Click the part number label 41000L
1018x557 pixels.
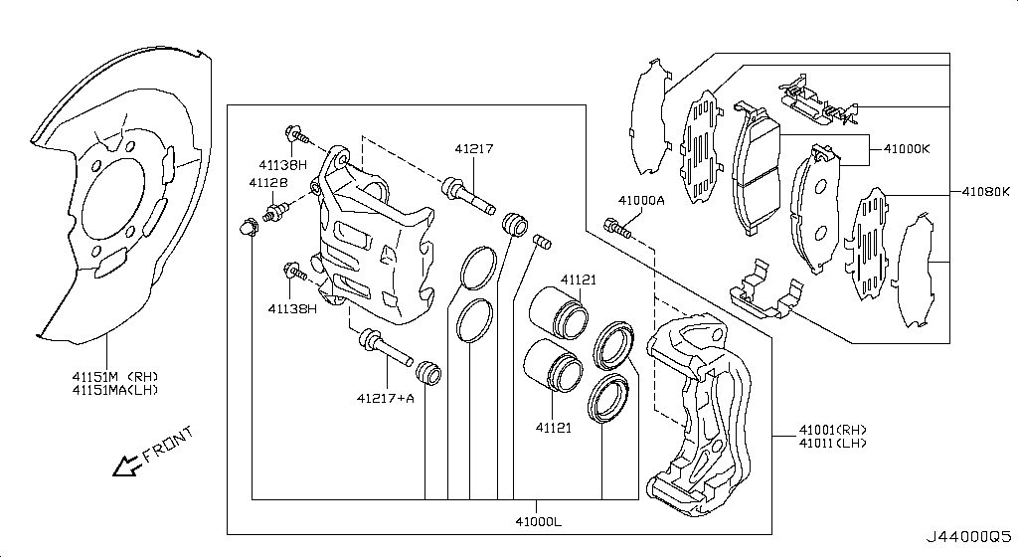[x=538, y=520]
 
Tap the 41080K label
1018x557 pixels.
[x=985, y=192]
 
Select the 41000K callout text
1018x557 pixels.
[x=907, y=148]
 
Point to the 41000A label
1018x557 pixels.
[x=641, y=201]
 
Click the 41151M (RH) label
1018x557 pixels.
[x=115, y=377]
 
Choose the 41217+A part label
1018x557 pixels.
[x=385, y=398]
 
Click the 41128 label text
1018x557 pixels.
[x=268, y=183]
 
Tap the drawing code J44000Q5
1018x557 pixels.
[x=968, y=537]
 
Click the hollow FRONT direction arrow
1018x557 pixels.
[x=127, y=464]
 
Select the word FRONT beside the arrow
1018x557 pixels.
[x=168, y=444]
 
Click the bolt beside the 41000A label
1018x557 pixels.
[x=617, y=229]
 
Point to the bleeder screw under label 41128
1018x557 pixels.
[x=276, y=212]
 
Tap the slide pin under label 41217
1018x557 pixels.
[x=468, y=196]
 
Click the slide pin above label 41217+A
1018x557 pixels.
[x=386, y=349]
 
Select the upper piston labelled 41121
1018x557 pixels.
[x=559, y=313]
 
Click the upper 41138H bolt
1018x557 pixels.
[x=296, y=136]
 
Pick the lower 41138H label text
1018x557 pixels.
[x=293, y=309]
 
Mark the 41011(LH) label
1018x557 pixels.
[x=832, y=444]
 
